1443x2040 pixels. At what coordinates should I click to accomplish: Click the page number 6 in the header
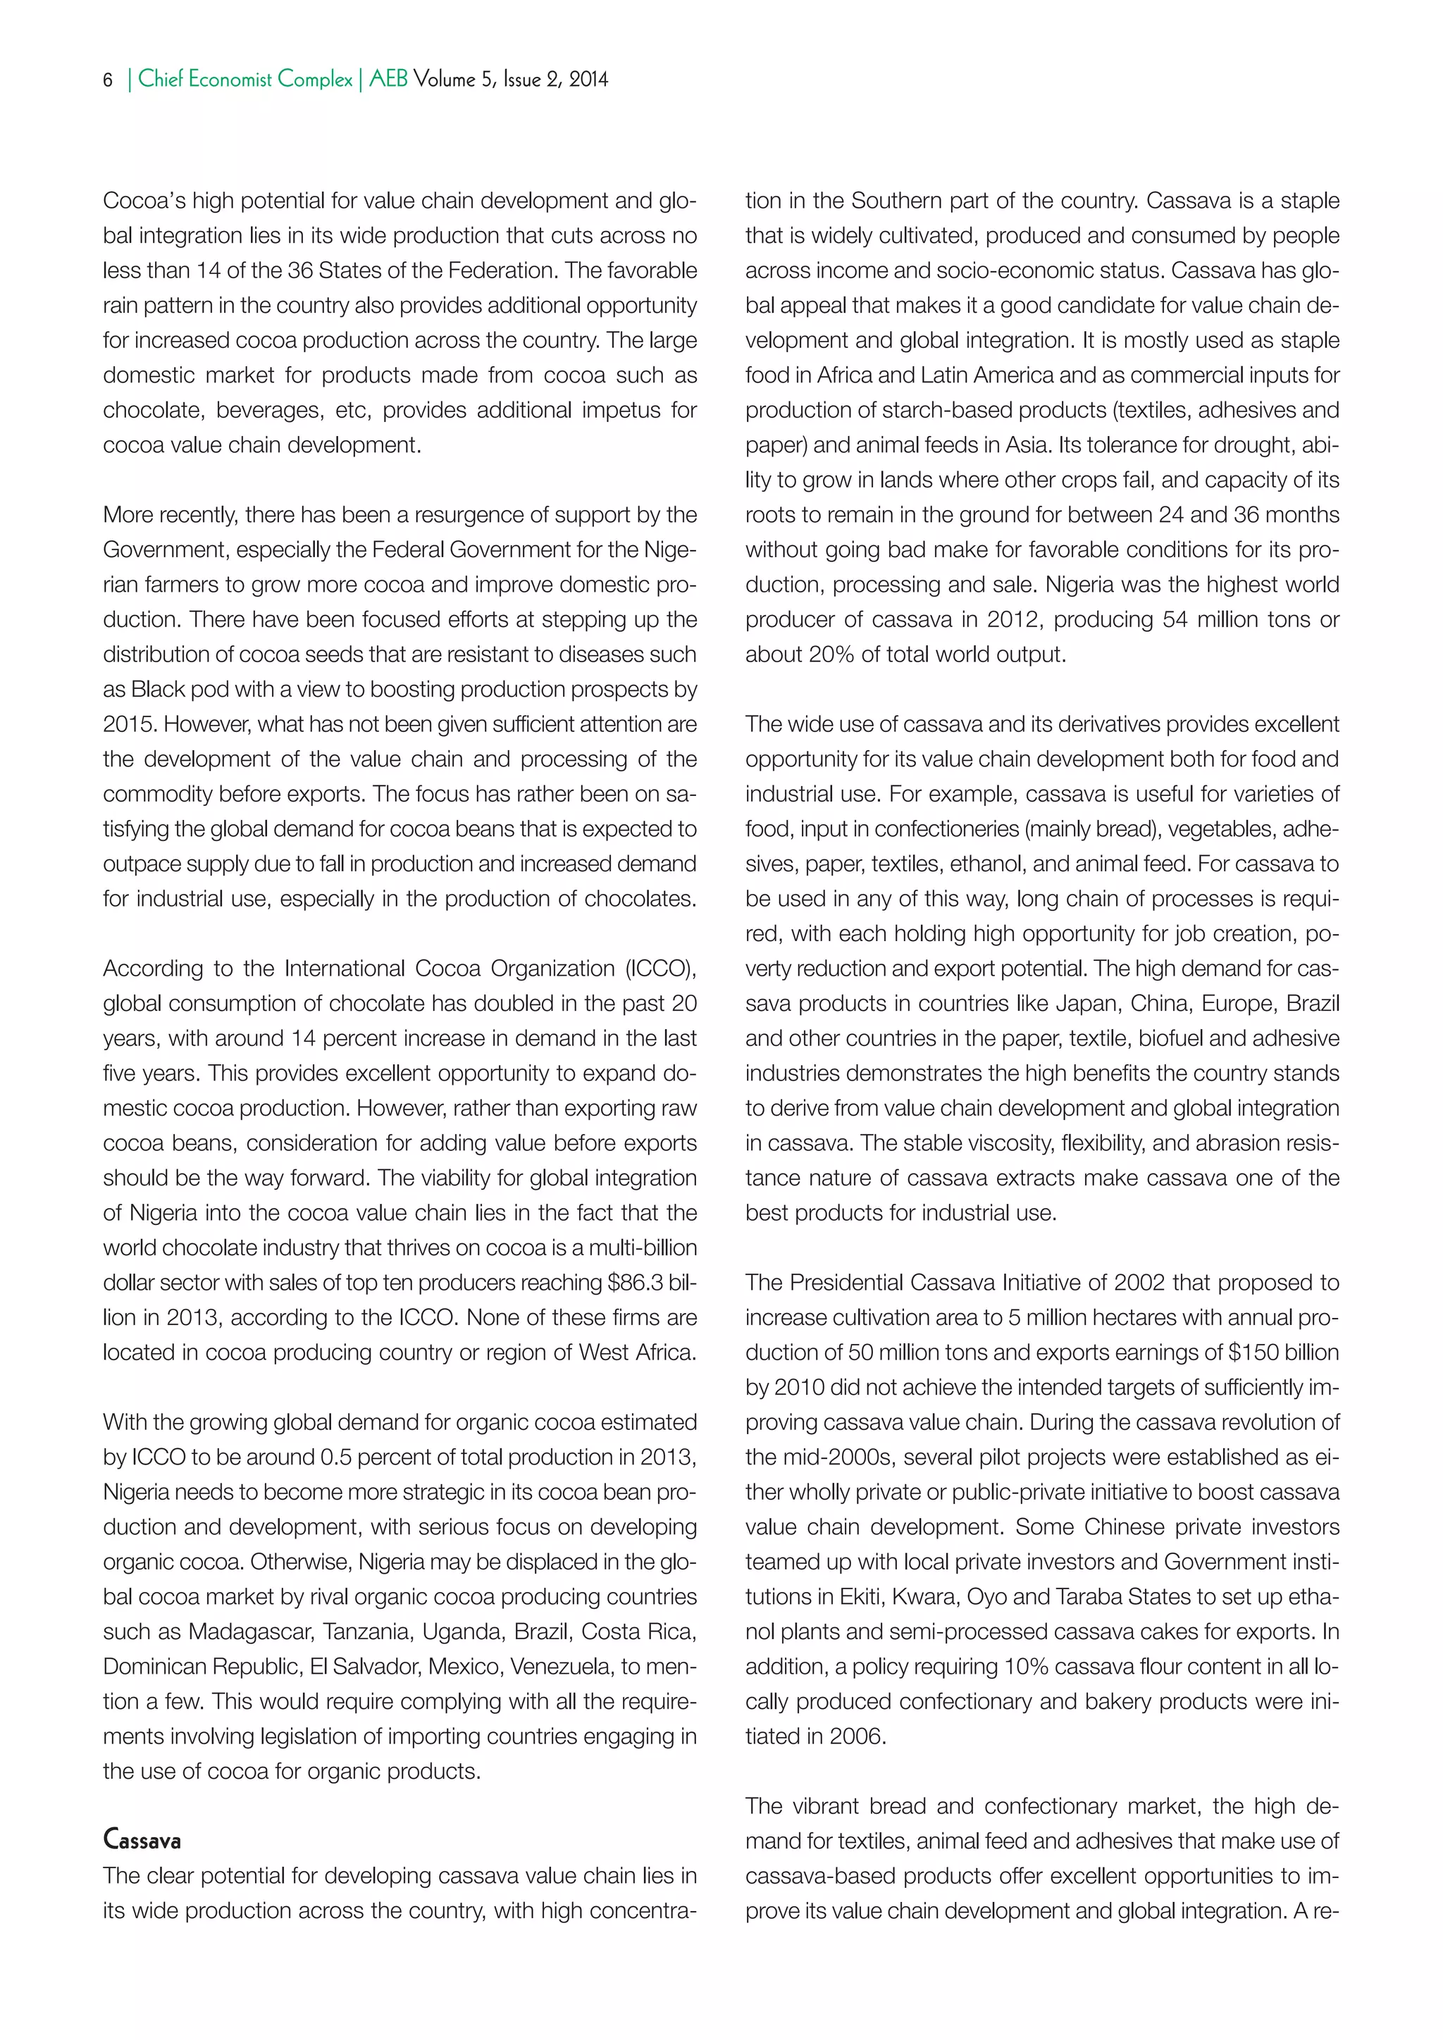click(x=109, y=80)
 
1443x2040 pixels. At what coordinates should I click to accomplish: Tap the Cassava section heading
click(x=142, y=1841)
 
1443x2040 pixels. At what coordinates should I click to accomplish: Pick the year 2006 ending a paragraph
click(x=857, y=1736)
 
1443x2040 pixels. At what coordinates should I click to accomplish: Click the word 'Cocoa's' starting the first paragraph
click(x=144, y=201)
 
